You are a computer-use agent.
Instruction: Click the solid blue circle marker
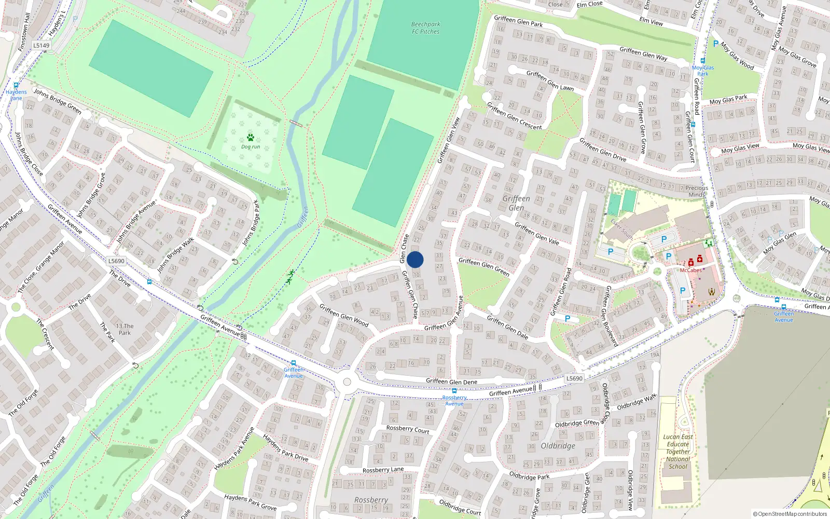(x=415, y=259)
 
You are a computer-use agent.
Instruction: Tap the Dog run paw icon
(x=251, y=138)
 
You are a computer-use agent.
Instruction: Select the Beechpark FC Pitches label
(x=425, y=28)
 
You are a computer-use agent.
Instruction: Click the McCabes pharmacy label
(x=690, y=270)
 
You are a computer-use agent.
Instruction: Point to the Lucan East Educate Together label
(x=677, y=452)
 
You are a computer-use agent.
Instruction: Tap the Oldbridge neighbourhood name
(x=558, y=446)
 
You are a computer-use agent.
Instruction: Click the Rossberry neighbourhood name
(x=371, y=500)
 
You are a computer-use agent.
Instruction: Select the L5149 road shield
(x=41, y=45)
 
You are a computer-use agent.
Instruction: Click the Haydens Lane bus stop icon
(x=16, y=86)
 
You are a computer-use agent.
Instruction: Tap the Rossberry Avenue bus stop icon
(x=454, y=391)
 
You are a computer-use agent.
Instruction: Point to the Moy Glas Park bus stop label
(x=703, y=71)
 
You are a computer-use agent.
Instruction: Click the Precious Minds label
(x=696, y=191)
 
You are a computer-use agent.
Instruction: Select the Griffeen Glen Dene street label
(x=451, y=381)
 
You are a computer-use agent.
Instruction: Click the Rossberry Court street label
(x=408, y=429)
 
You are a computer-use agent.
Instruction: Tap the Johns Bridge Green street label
(x=58, y=101)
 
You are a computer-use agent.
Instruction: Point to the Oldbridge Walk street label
(x=637, y=402)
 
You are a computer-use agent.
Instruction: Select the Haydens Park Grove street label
(x=250, y=502)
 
